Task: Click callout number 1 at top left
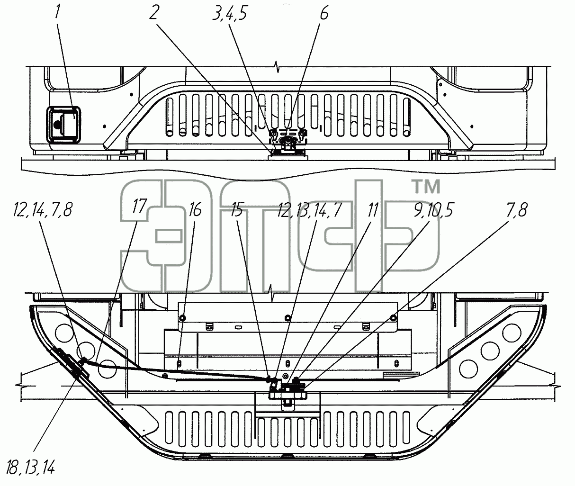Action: [x=57, y=12]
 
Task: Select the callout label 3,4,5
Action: [x=230, y=13]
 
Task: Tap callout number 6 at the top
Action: [x=324, y=12]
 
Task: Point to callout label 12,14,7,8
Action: [x=43, y=209]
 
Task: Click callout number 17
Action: [x=139, y=206]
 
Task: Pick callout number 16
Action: [x=195, y=209]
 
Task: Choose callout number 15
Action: [x=236, y=209]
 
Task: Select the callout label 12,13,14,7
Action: [x=309, y=209]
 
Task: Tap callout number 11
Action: [x=372, y=209]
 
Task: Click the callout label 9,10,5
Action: [x=433, y=209]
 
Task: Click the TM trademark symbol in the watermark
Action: [x=426, y=186]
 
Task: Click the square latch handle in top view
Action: [x=63, y=125]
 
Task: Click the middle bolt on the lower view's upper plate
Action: [x=288, y=317]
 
